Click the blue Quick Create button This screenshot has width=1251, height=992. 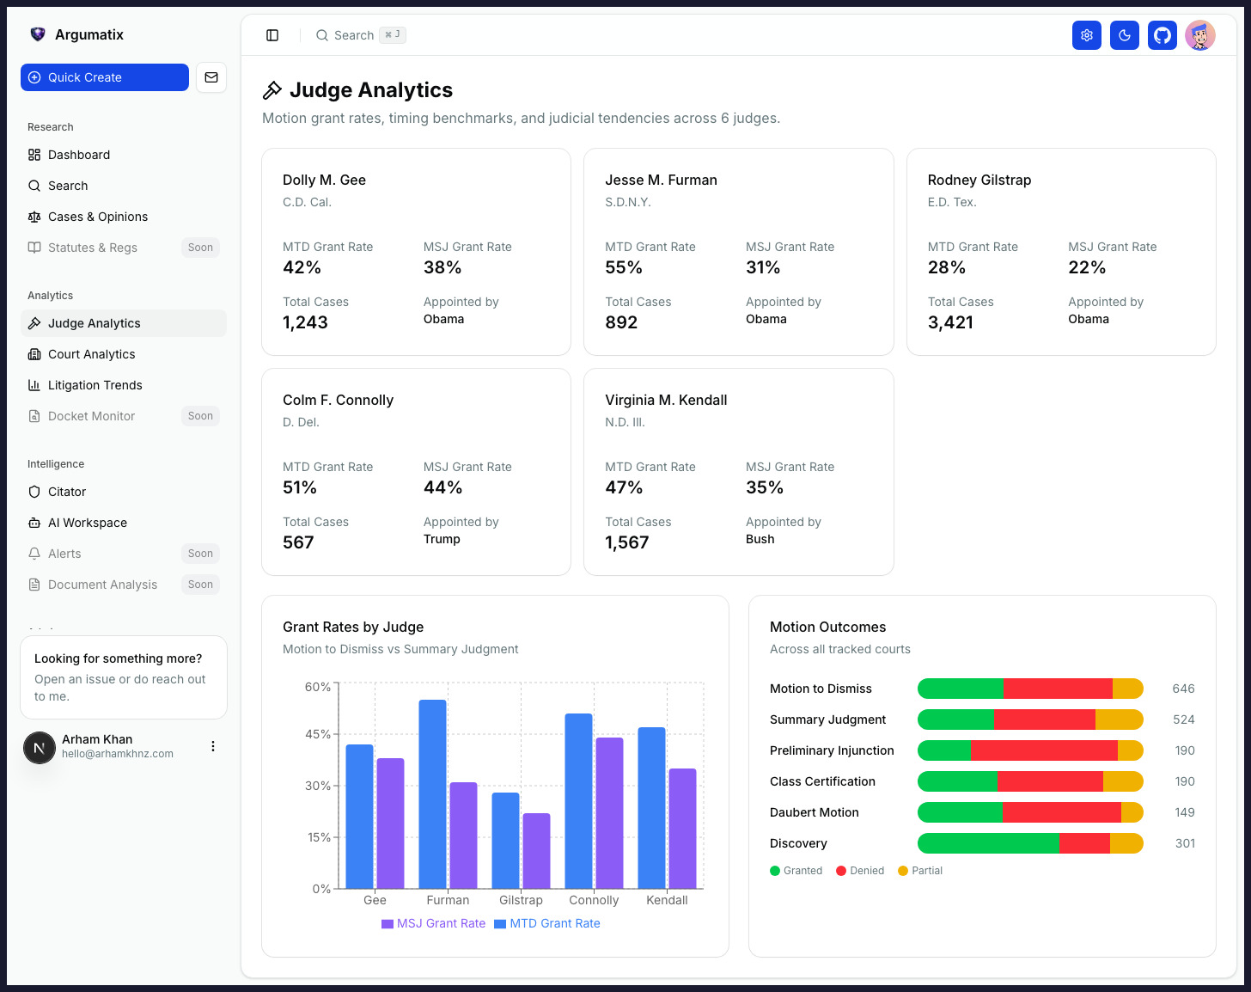pos(104,77)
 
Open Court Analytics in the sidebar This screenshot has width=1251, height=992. pos(91,354)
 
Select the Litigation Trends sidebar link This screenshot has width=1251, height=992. pos(95,385)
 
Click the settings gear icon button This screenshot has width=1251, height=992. pos(1087,35)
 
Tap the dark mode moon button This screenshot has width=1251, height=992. pos(1125,35)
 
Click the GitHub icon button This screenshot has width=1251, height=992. pos(1163,35)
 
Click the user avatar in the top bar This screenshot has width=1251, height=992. pos(1200,35)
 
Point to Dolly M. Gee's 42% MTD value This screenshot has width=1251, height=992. pos(302,267)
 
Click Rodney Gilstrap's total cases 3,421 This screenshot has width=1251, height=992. pos(950,322)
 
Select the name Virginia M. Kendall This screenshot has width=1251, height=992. pos(666,400)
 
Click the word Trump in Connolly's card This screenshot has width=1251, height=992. pos(442,539)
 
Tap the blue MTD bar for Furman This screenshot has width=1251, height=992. pos(432,793)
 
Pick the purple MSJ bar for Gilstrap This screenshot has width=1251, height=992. pos(536,850)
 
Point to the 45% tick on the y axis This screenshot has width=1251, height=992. pos(318,734)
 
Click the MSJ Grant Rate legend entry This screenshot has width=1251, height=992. pos(434,923)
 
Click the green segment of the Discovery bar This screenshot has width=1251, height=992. pos(988,843)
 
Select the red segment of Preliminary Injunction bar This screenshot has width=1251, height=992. pos(1044,750)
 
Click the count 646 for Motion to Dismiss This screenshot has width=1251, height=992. pos(1183,689)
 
